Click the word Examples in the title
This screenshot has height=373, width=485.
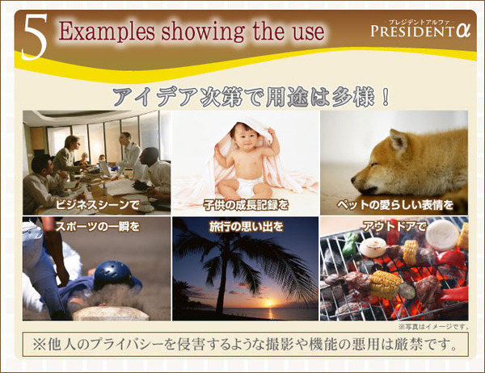click(x=98, y=31)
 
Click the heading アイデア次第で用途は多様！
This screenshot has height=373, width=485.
click(x=251, y=96)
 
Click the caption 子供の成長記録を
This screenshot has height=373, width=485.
click(x=247, y=206)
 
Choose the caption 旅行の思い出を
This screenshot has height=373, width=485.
click(x=247, y=226)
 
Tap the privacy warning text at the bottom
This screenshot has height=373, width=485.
click(x=242, y=344)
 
